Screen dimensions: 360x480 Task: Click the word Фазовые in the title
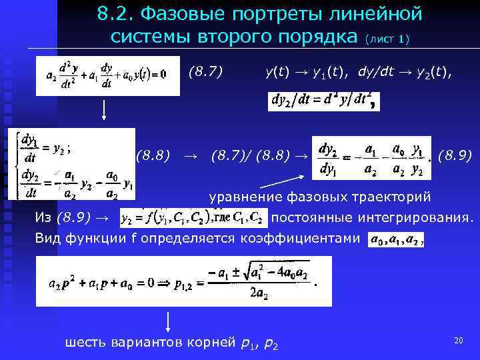[171, 13]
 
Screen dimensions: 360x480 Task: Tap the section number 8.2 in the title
[113, 13]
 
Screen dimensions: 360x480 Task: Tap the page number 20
[458, 341]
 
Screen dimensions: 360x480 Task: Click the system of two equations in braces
[72, 164]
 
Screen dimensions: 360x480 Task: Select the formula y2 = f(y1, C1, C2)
[193, 217]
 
